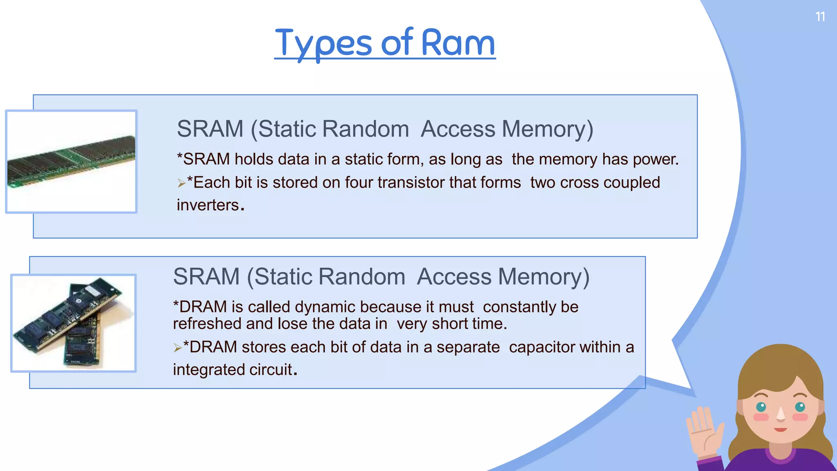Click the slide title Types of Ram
(385, 43)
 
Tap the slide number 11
(820, 17)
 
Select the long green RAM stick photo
(72, 162)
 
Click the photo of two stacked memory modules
(74, 323)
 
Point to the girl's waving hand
(704, 429)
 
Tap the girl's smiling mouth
(781, 430)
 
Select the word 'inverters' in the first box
(208, 205)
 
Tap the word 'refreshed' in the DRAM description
(207, 324)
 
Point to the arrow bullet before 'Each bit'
(181, 184)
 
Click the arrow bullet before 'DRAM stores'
(177, 348)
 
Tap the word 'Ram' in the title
(458, 43)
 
